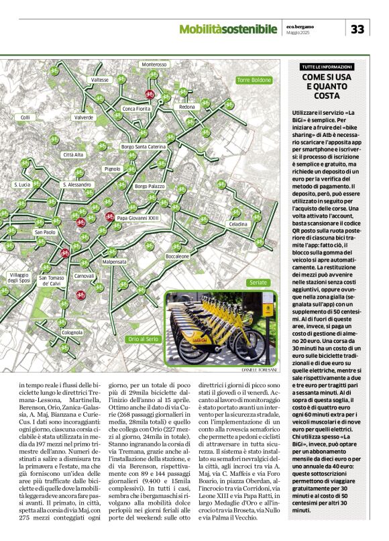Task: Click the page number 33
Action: click(x=358, y=29)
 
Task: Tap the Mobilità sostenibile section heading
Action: click(x=228, y=29)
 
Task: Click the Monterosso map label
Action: click(x=154, y=64)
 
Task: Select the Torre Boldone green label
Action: click(x=253, y=80)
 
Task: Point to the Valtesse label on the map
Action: click(x=99, y=80)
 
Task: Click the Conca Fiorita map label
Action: click(x=137, y=108)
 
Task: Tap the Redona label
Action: click(x=187, y=107)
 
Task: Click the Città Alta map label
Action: click(x=73, y=154)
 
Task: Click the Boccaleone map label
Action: click(x=178, y=256)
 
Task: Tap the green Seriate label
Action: click(x=257, y=283)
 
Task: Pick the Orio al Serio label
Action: click(x=144, y=339)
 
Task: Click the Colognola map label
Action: click(x=72, y=332)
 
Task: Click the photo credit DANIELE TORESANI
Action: click(x=258, y=369)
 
